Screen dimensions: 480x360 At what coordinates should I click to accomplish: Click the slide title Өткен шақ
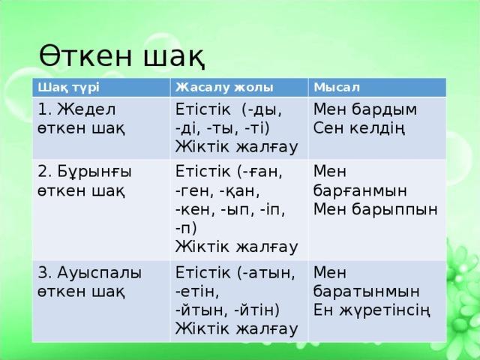(x=121, y=55)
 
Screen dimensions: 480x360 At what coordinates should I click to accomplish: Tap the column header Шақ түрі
(x=68, y=88)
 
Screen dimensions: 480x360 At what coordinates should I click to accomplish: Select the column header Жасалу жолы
(x=224, y=88)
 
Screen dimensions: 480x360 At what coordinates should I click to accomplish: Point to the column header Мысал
(x=337, y=88)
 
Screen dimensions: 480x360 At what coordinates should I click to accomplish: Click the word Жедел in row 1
(x=87, y=109)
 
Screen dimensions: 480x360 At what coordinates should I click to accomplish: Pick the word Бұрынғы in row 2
(x=94, y=172)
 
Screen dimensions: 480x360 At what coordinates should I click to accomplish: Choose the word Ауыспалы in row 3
(x=99, y=273)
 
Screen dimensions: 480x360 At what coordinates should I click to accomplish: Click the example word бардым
(x=384, y=109)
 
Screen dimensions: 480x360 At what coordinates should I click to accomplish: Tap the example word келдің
(x=377, y=128)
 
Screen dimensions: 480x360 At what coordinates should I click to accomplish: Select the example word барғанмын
(x=360, y=190)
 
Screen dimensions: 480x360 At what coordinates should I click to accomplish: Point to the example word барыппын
(x=394, y=210)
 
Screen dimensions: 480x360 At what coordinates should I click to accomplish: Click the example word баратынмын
(x=366, y=292)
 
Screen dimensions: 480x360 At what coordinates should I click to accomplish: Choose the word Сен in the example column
(x=328, y=128)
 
